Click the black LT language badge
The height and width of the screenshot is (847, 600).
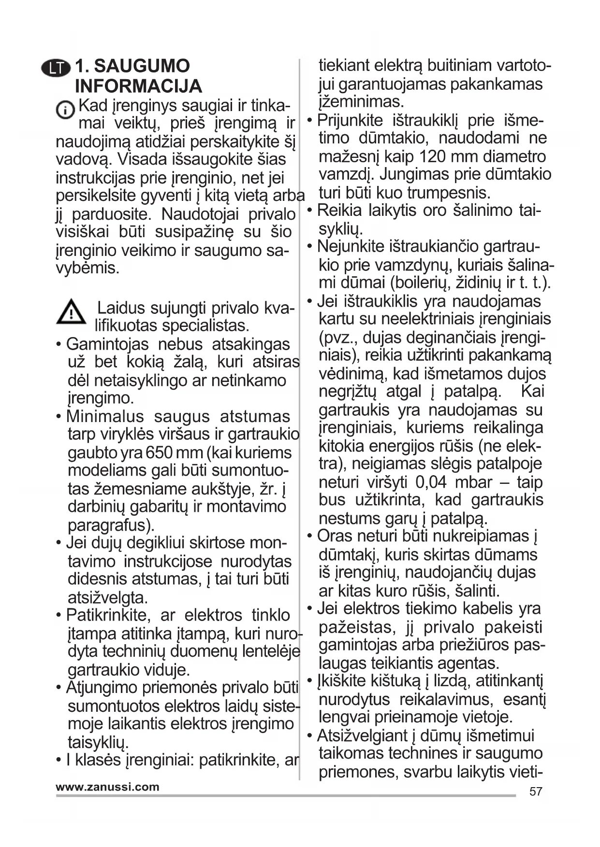tap(57, 68)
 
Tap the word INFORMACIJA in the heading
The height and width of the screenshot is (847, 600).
tap(138, 86)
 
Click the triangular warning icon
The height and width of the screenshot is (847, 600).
tap(71, 311)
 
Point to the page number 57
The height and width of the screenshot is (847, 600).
tap(536, 791)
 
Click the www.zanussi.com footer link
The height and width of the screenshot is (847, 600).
tap(107, 787)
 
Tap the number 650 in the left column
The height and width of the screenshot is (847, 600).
tap(159, 453)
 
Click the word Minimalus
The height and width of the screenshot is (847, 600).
tap(105, 417)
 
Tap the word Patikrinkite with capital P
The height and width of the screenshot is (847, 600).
tap(106, 615)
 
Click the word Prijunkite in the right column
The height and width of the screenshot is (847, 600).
tap(350, 120)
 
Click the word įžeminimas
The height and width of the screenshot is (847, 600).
tap(361, 102)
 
